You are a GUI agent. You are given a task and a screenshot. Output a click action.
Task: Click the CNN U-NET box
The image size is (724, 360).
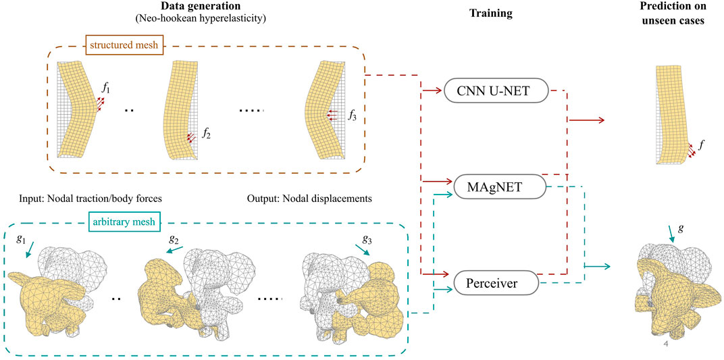[495, 91]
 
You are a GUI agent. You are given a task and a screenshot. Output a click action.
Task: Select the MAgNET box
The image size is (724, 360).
[495, 186]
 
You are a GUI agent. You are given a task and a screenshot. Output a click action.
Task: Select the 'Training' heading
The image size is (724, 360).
[491, 12]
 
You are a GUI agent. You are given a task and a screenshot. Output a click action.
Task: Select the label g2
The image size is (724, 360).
[175, 238]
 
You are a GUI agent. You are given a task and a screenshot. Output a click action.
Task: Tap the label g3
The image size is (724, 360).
[367, 238]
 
